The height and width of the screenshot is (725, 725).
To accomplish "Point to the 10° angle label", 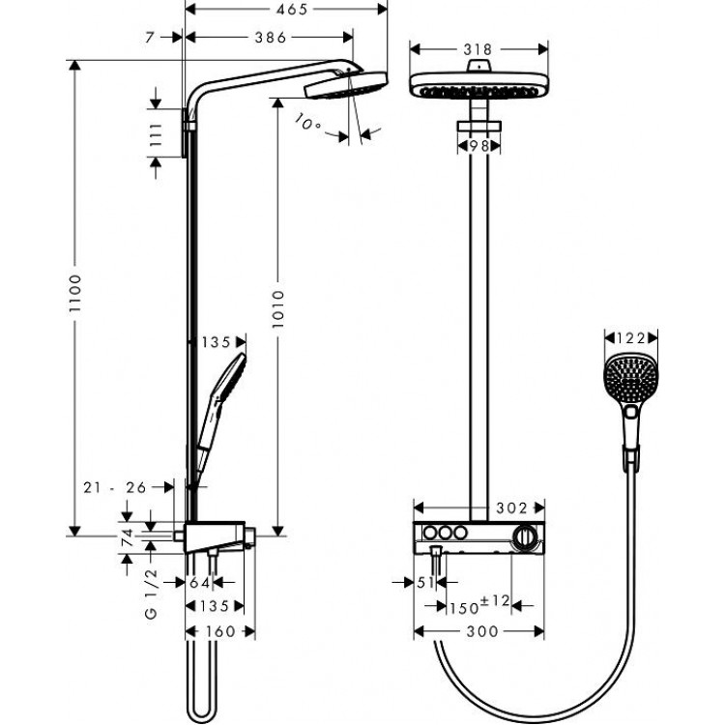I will click(309, 123).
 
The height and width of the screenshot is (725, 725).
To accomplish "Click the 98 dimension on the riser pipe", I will click(478, 145).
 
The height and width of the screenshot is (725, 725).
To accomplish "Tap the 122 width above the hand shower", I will click(630, 338).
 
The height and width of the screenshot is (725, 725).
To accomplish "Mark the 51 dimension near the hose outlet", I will click(422, 582).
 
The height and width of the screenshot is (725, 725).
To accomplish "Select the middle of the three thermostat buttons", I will click(445, 535).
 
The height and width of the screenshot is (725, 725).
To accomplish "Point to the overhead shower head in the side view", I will click(345, 88).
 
